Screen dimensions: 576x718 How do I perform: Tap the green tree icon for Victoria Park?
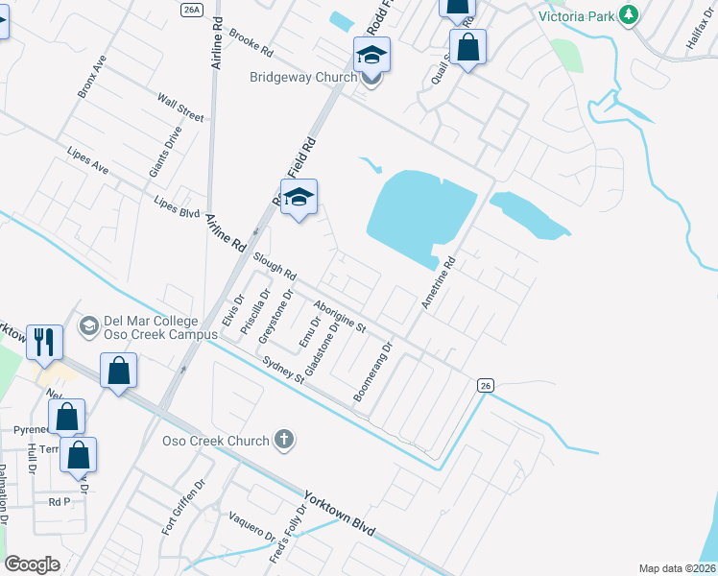click(x=629, y=14)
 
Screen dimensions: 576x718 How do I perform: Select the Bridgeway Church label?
click(x=302, y=77)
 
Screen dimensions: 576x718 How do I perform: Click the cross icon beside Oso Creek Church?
click(x=283, y=440)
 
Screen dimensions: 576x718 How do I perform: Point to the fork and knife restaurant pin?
click(x=45, y=342)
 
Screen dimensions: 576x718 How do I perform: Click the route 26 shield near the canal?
click(x=486, y=385)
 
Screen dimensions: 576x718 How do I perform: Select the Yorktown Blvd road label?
click(x=339, y=516)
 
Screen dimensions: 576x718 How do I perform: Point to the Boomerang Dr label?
click(x=374, y=372)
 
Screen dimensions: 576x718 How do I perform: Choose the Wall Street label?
click(x=180, y=108)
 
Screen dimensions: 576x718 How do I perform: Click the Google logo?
click(x=32, y=564)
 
